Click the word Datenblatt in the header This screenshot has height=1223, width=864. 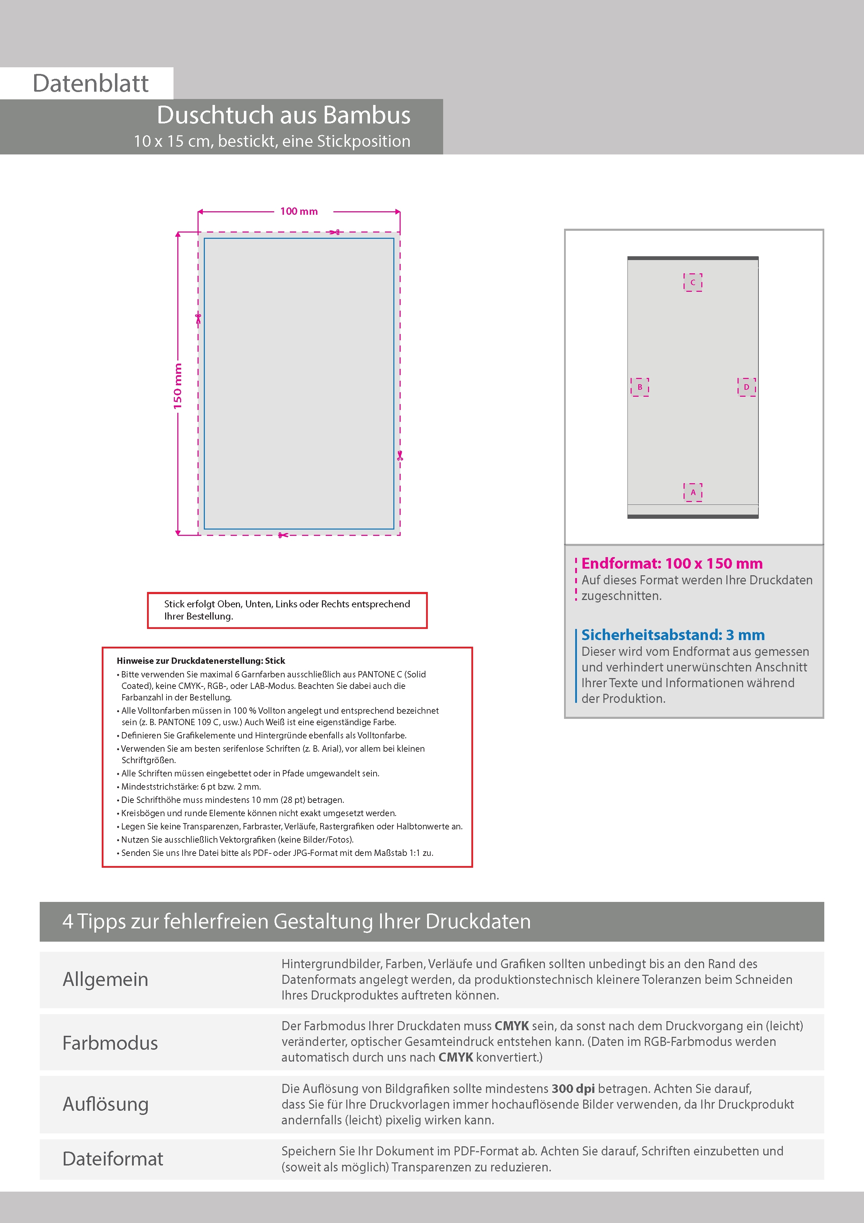point(91,84)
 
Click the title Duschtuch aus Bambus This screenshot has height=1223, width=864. point(283,115)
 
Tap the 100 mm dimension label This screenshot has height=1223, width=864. point(299,212)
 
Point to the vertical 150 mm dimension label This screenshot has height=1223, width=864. point(178,386)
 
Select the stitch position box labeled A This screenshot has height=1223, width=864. point(693,493)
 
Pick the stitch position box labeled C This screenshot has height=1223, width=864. point(693,282)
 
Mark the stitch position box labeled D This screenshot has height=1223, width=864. point(746,387)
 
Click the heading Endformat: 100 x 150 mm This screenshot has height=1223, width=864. point(672,563)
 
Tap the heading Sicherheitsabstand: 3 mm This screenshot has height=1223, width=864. point(673,635)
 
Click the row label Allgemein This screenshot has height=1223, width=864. point(106,979)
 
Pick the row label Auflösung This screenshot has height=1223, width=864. point(106,1104)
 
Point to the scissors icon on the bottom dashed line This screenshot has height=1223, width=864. point(283,535)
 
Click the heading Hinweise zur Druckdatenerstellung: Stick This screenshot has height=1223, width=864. point(201,661)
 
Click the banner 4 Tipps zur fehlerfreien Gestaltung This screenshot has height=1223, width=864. point(296,921)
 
